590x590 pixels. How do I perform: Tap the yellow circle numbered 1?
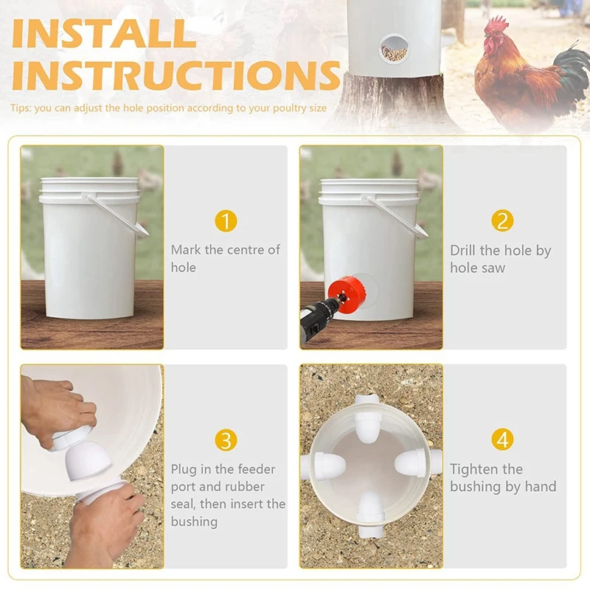[x=226, y=221]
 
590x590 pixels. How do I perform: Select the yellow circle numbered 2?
[x=502, y=221]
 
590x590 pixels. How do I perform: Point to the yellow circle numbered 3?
[x=226, y=440]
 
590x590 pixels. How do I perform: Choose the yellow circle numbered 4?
[x=502, y=440]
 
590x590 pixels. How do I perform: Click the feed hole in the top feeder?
[x=394, y=49]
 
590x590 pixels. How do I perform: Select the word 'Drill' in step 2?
[x=463, y=250]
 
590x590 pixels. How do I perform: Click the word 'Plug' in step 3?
[x=184, y=470]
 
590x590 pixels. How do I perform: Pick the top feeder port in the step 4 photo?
[x=367, y=418]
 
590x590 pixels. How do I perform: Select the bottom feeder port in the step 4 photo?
[x=371, y=514]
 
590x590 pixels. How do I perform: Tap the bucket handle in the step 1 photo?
[x=117, y=215]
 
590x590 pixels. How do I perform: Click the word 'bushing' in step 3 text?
[x=194, y=522]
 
